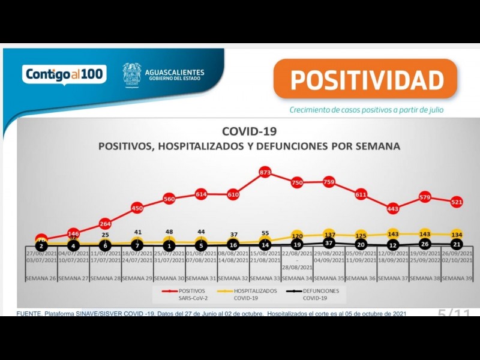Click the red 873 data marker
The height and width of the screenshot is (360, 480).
tap(265, 173)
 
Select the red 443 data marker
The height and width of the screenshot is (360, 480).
tap(393, 209)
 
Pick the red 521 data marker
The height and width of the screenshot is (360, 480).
tap(457, 202)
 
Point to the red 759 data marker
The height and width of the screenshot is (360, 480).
tap(329, 181)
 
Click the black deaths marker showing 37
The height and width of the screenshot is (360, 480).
tap(329, 244)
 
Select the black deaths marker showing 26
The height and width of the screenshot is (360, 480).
tap(425, 244)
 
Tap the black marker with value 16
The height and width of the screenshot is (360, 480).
tap(233, 245)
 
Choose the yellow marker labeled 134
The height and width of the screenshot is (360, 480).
tap(457, 234)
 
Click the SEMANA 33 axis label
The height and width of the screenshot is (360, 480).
tap(265, 278)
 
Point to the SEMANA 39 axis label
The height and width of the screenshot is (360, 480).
tap(457, 278)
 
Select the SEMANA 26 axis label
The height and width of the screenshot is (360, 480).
tap(41, 278)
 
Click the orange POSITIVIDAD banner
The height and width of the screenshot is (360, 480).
tap(365, 80)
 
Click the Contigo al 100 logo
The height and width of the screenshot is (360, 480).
tap(65, 74)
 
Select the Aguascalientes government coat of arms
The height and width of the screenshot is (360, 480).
tap(132, 75)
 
